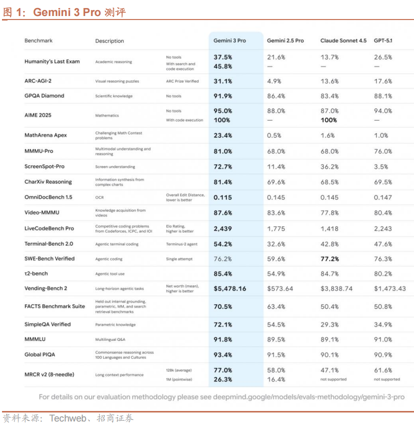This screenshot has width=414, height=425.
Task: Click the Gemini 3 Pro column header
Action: pyautogui.click(x=230, y=41)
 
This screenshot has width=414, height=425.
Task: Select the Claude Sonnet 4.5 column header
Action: pyautogui.click(x=343, y=41)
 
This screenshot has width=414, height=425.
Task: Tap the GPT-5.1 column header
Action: pyautogui.click(x=383, y=41)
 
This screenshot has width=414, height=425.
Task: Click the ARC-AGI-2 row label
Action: pyautogui.click(x=38, y=81)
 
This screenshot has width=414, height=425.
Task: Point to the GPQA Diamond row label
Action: pyautogui.click(x=44, y=96)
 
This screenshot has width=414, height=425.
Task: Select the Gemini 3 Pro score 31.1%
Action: pyautogui.click(x=223, y=81)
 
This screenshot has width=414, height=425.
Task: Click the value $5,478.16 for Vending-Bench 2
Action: pyautogui.click(x=230, y=289)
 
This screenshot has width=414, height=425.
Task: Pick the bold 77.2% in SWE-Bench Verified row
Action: pyautogui.click(x=330, y=259)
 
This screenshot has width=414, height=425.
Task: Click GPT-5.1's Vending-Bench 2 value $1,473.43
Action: pyautogui.click(x=390, y=289)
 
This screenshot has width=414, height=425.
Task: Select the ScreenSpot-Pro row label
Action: pyautogui.click(x=45, y=166)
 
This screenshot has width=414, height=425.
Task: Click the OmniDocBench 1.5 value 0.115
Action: pyautogui.click(x=223, y=197)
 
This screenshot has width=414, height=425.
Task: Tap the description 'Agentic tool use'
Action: pyautogui.click(x=110, y=274)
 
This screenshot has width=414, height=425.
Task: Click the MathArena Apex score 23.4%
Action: pyautogui.click(x=223, y=135)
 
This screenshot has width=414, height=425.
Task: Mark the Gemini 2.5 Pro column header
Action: pyautogui.click(x=285, y=41)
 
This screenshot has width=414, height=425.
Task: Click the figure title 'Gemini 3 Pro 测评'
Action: pyautogui.click(x=79, y=13)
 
